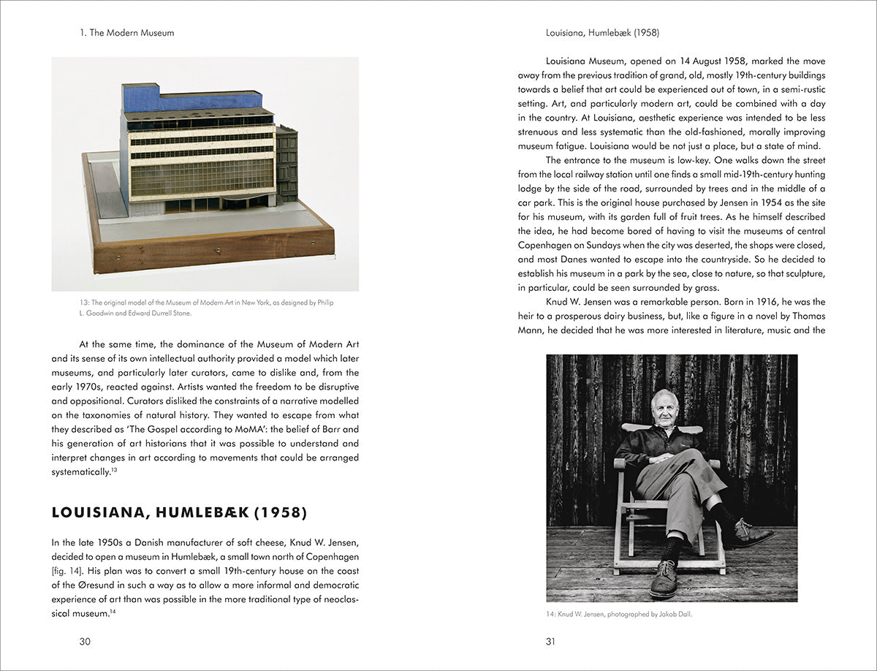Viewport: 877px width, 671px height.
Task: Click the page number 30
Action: (85, 642)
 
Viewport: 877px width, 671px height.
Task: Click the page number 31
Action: (550, 642)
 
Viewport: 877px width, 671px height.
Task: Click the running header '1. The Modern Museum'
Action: (126, 33)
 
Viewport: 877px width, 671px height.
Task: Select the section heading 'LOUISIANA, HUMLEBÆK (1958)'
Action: (179, 512)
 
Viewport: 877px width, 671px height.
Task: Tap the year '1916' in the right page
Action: (757, 302)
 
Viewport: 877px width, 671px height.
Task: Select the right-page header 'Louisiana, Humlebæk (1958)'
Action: (603, 33)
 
